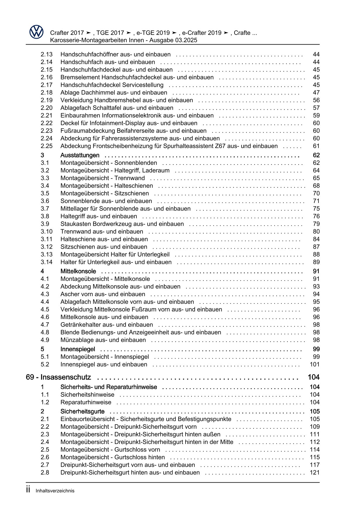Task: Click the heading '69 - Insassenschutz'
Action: pyautogui.click(x=58, y=377)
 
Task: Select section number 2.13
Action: pyautogui.click(x=47, y=55)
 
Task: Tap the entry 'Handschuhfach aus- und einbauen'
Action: pyautogui.click(x=108, y=62)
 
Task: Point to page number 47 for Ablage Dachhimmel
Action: pyautogui.click(x=316, y=93)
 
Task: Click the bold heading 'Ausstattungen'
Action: pyautogui.click(x=80, y=155)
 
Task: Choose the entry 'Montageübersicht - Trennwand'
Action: pyautogui.click(x=102, y=178)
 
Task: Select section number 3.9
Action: pyautogui.click(x=45, y=224)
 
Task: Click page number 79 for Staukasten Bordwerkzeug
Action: pyautogui.click(x=316, y=224)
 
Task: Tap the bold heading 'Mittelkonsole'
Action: pyautogui.click(x=78, y=271)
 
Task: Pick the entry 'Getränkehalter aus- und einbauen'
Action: pyautogui.click(x=107, y=325)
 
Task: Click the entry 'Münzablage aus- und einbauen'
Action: pyautogui.click(x=103, y=340)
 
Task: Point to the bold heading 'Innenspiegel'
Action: pyautogui.click(x=78, y=349)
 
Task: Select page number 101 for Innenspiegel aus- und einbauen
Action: pyautogui.click(x=315, y=364)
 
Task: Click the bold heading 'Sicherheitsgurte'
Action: pyautogui.click(x=82, y=412)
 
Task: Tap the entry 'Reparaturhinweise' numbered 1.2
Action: pyautogui.click(x=86, y=403)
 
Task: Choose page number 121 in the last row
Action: pyautogui.click(x=315, y=473)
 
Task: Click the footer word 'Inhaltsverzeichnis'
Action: pyautogui.click(x=55, y=491)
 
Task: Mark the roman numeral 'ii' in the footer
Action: pyautogui.click(x=28, y=490)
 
